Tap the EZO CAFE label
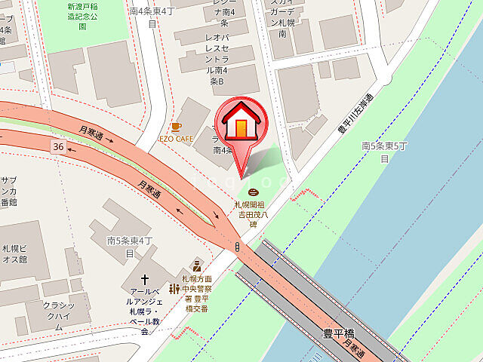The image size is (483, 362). (175, 139)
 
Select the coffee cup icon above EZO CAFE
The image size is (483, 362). (176, 127)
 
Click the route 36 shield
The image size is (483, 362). (58, 144)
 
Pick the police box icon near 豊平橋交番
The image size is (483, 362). (196, 265)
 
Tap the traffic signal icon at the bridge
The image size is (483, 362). (238, 247)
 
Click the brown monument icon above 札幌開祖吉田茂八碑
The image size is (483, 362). (252, 193)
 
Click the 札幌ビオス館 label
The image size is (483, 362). (14, 253)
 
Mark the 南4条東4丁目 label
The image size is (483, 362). (152, 17)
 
